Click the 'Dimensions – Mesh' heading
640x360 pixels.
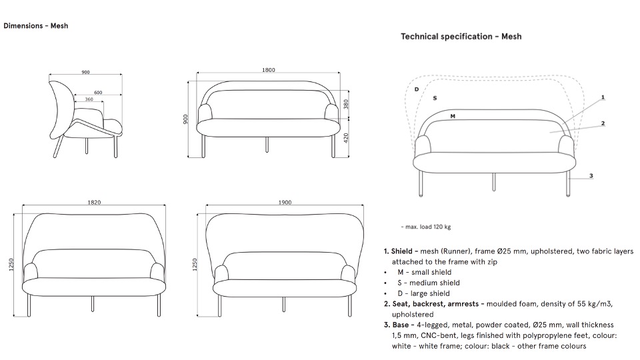(36, 26)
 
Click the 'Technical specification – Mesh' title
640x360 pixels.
(461, 36)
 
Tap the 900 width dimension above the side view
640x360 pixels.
(85, 72)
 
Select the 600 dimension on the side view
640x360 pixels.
(98, 93)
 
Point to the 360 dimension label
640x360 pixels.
(89, 99)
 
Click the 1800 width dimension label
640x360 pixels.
(269, 70)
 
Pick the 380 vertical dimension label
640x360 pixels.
(346, 105)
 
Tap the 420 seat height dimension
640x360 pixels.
(346, 138)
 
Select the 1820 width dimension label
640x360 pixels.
(94, 202)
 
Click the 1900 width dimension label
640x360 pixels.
(285, 202)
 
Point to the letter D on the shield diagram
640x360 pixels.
(417, 89)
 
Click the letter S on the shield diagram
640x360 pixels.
(435, 98)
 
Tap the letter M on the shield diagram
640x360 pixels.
(453, 116)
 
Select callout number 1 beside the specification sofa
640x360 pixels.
(603, 97)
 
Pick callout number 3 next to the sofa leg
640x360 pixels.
(591, 176)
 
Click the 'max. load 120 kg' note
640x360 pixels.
(426, 227)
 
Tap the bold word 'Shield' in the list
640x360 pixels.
(401, 251)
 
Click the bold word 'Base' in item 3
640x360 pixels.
(401, 325)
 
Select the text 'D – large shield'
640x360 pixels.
(424, 293)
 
